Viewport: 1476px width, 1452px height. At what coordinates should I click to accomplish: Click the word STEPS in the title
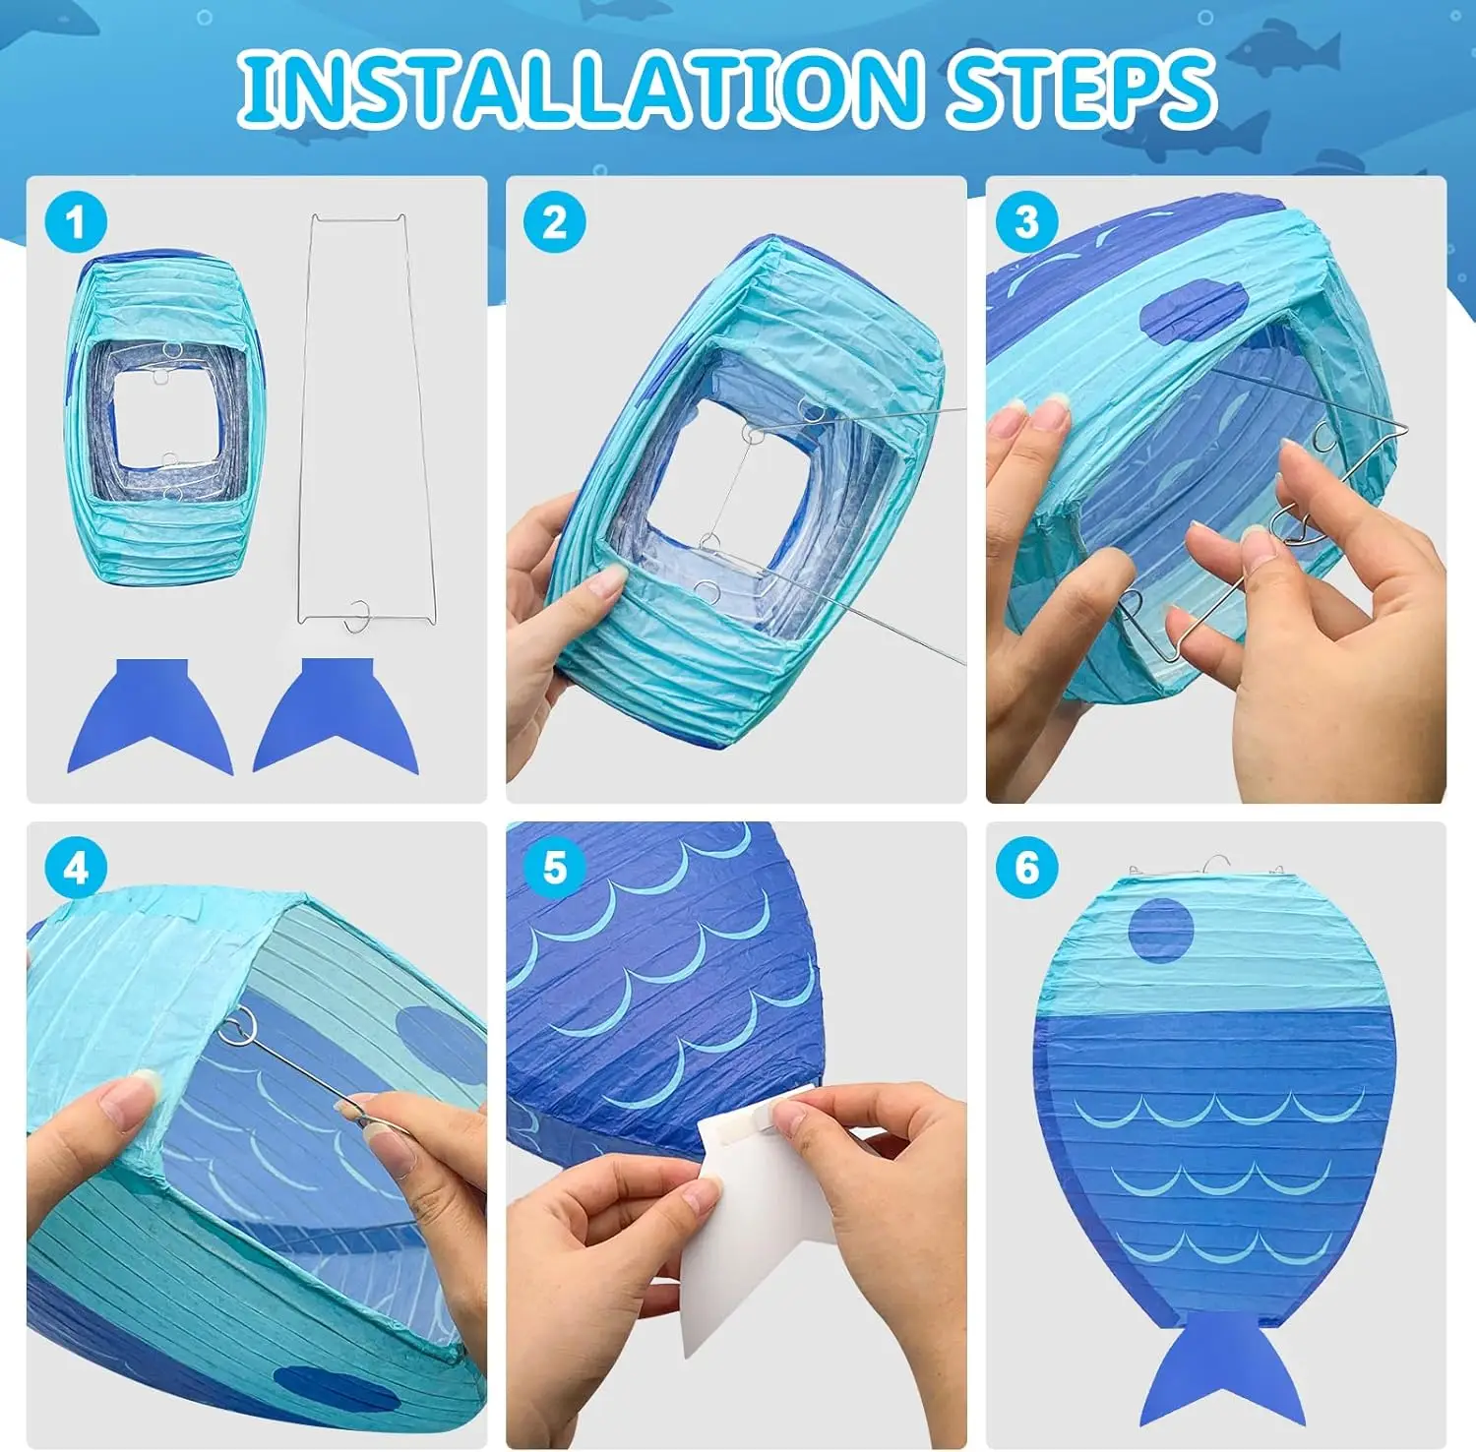coord(1081,90)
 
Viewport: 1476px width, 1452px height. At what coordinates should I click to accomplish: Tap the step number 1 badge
coord(76,222)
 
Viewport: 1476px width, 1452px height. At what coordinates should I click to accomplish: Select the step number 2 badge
coord(555,222)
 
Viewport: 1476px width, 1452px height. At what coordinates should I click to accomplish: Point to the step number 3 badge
coord(1026,222)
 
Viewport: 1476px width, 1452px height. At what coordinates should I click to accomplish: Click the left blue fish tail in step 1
coord(151,717)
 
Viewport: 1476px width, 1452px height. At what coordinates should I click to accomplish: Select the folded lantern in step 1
coord(164,417)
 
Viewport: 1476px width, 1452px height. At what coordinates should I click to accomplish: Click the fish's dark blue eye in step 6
coord(1160,931)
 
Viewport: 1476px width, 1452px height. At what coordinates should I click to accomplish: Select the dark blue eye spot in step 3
coord(1193,311)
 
